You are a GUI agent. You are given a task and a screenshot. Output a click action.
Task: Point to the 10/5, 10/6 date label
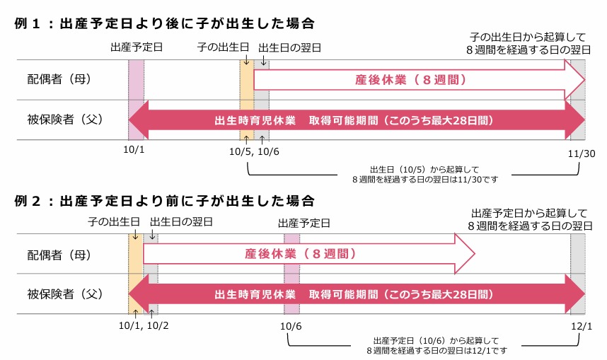pyautogui.click(x=255, y=151)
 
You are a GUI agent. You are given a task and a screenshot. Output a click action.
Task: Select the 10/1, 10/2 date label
pyautogui.click(x=146, y=325)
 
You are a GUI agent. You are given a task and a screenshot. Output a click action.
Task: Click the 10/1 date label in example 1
pyautogui.click(x=136, y=151)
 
